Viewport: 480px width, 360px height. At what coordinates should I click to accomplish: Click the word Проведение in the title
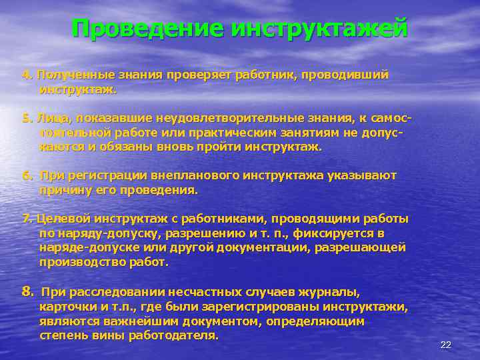tap(147, 29)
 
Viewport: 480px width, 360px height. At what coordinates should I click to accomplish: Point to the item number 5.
tap(27, 118)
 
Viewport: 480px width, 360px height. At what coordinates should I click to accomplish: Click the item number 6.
tap(27, 175)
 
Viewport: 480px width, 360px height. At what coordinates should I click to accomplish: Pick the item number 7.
tap(27, 219)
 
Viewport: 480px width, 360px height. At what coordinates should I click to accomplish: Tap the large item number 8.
tap(27, 291)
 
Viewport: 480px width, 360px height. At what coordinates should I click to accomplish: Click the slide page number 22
tap(446, 344)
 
